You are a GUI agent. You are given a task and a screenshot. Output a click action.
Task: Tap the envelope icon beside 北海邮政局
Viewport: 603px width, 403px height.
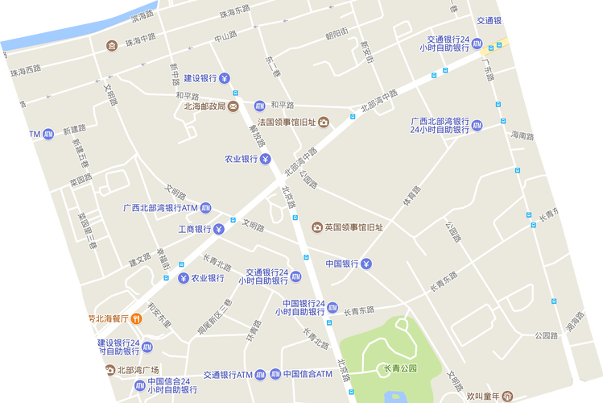tap(233, 106)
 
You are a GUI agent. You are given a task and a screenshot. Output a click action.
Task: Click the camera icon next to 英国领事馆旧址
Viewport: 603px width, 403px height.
tap(317, 227)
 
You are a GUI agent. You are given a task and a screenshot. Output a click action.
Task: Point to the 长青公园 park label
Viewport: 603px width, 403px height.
tap(399, 369)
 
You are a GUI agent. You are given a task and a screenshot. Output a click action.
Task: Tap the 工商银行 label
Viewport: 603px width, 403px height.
tap(194, 230)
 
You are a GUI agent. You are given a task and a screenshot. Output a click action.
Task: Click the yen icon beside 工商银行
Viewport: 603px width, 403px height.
tap(218, 230)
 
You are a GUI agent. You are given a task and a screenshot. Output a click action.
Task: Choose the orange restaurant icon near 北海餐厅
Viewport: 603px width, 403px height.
tap(137, 318)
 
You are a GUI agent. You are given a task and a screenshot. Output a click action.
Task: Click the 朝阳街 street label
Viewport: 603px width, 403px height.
tap(337, 34)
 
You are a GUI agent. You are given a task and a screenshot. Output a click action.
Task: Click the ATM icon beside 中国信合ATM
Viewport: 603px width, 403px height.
tap(275, 374)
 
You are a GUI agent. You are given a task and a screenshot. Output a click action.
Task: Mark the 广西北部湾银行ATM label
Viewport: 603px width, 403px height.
tap(160, 208)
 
